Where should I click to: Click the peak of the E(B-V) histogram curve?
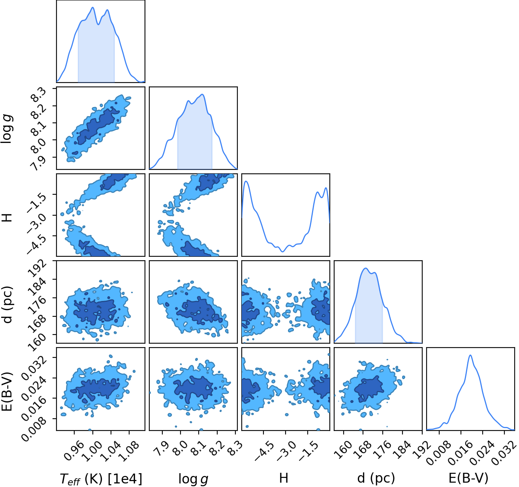coord(470,355)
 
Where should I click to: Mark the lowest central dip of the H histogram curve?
coord(282,252)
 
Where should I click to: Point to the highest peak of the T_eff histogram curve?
coord(92,8)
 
